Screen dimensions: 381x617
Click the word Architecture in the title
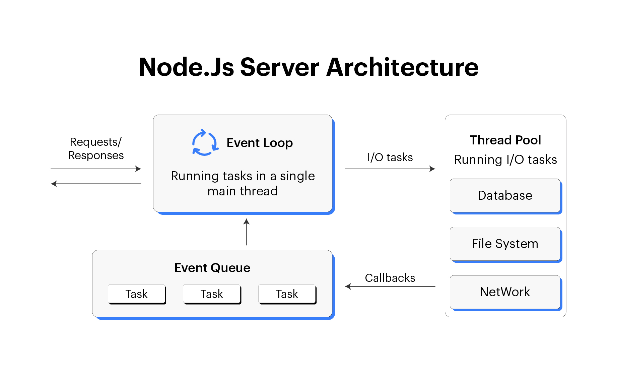tap(402, 67)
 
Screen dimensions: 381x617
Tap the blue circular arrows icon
tap(205, 143)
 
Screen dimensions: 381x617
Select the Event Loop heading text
tap(260, 143)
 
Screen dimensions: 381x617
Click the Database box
tap(505, 195)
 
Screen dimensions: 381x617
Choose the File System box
tap(505, 244)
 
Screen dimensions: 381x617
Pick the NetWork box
tap(505, 292)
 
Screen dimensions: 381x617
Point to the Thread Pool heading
tap(505, 140)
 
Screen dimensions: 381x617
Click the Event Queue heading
tap(212, 268)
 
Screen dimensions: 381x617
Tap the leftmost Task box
tap(136, 294)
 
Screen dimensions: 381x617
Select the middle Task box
tap(212, 294)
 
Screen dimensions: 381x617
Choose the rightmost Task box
tap(287, 294)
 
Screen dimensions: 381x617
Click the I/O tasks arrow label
tap(390, 157)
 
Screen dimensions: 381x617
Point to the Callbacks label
tap(390, 278)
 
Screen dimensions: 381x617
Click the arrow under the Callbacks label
tap(390, 287)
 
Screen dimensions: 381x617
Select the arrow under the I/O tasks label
tap(390, 169)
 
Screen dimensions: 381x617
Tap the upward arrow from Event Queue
tap(246, 232)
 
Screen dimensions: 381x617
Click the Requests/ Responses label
tap(96, 148)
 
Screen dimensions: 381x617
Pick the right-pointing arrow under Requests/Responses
tap(96, 169)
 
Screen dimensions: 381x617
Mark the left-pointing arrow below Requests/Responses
tap(96, 184)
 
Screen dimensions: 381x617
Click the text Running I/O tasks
tap(505, 160)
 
